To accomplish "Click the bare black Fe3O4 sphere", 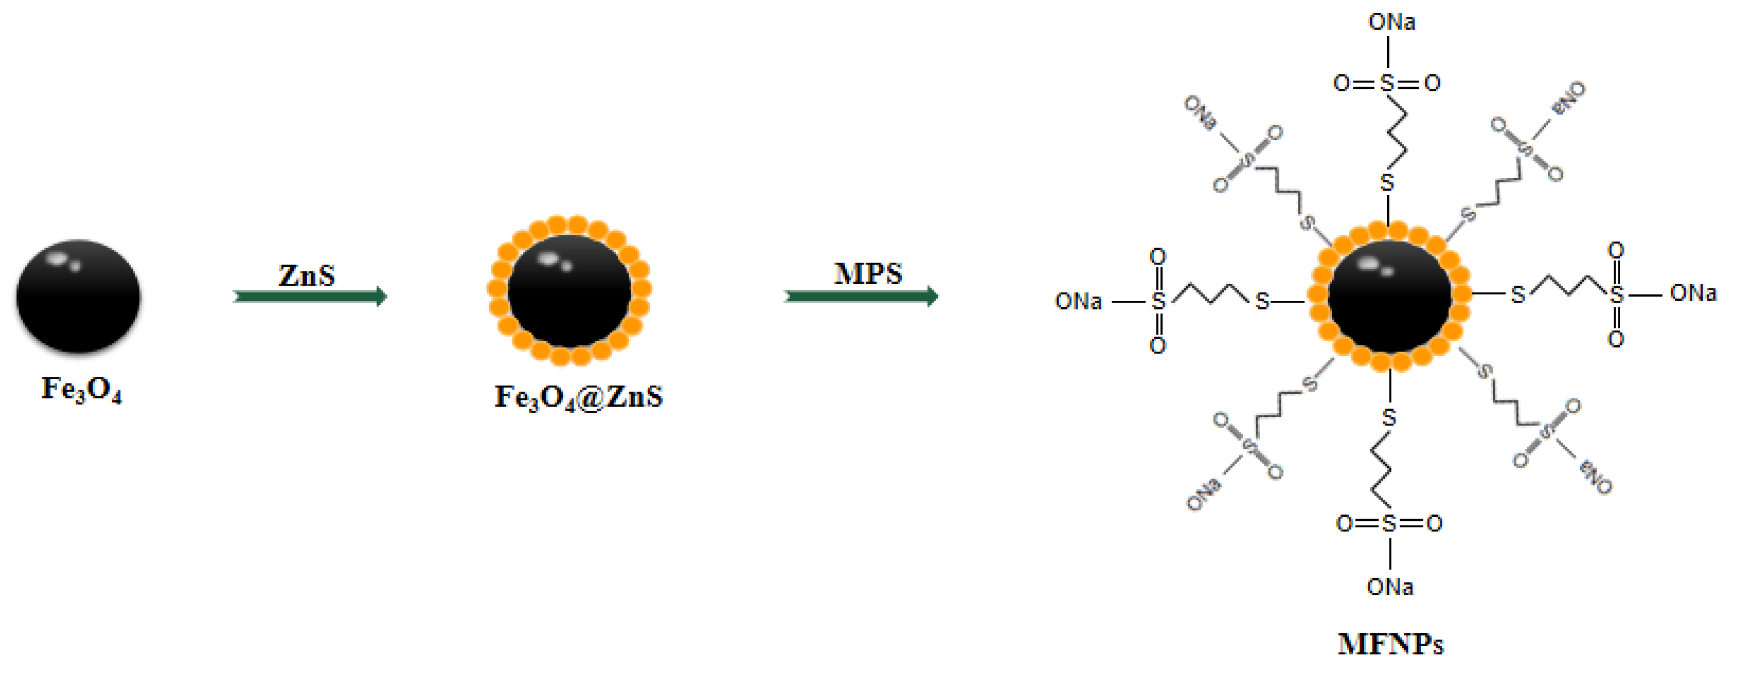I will coord(78,297).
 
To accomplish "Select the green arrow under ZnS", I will coord(310,296).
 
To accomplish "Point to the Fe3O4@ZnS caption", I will coord(578,397).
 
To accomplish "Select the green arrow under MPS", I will coord(861,296).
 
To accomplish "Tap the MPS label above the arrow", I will coord(868,273).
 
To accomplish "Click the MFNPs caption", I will coord(1391,644).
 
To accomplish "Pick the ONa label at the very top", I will coord(1391,22).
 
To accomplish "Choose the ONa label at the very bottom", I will coord(1390,587).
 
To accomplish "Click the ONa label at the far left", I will coord(1078,301).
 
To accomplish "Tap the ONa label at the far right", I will coord(1693,293).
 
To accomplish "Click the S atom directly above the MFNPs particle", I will coord(1387,182).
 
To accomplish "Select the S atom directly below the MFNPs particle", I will coord(1389,418).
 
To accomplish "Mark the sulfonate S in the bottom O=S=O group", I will coord(1389,524).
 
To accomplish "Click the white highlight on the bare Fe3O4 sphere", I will coord(57,257).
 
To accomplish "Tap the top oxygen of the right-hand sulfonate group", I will coord(1615,250).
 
